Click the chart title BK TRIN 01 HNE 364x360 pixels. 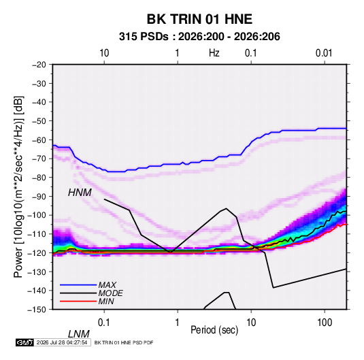pyautogui.click(x=199, y=19)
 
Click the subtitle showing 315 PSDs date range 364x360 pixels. pyautogui.click(x=199, y=37)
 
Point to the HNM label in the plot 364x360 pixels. pyautogui.click(x=80, y=193)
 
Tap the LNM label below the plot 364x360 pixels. pyautogui.click(x=78, y=334)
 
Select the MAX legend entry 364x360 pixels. pyautogui.click(x=107, y=284)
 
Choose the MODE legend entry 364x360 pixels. pyautogui.click(x=110, y=293)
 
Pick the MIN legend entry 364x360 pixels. pyautogui.click(x=106, y=301)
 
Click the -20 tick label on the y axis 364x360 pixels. pyautogui.click(x=39, y=65)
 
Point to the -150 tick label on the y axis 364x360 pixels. pyautogui.click(x=37, y=310)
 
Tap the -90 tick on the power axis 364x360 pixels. pyautogui.click(x=39, y=197)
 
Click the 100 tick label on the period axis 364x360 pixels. pyautogui.click(x=325, y=323)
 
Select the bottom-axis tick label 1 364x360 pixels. pyautogui.click(x=178, y=323)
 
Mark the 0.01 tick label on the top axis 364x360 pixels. pyautogui.click(x=324, y=53)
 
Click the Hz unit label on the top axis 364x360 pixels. pyautogui.click(x=214, y=53)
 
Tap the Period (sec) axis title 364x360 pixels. pyautogui.click(x=214, y=330)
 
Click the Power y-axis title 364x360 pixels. pyautogui.click(x=18, y=187)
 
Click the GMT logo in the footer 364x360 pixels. pyautogui.click(x=25, y=342)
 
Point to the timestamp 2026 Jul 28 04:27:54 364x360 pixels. pyautogui.click(x=62, y=342)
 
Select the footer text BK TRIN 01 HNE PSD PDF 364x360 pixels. pyautogui.click(x=124, y=342)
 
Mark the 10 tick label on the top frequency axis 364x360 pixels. pyautogui.click(x=104, y=53)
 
